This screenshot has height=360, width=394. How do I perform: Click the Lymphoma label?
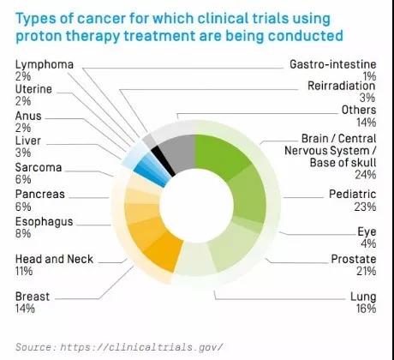pyautogui.click(x=45, y=64)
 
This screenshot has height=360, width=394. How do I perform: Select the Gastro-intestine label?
pyautogui.click(x=333, y=64)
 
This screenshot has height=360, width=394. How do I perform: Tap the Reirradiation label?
pyautogui.click(x=342, y=86)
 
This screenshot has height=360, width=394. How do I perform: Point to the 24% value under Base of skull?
pyautogui.click(x=366, y=175)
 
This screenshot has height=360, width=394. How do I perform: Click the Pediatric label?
pyautogui.click(x=353, y=195)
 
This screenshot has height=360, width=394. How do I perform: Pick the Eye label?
pyautogui.click(x=367, y=231)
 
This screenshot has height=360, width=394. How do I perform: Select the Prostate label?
pyautogui.click(x=354, y=259)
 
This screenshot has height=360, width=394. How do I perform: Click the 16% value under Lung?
pyautogui.click(x=366, y=309)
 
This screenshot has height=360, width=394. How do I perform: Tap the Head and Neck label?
pyautogui.click(x=54, y=259)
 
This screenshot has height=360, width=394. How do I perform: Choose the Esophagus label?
pyautogui.click(x=45, y=222)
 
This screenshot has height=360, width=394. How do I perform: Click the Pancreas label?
pyautogui.click(x=40, y=195)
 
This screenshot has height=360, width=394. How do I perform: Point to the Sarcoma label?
pyautogui.click(x=39, y=167)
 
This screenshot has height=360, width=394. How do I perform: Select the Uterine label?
pyautogui.click(x=33, y=89)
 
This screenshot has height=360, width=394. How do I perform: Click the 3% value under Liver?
pyautogui.click(x=23, y=153)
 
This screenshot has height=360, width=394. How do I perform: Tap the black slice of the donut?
pyautogui.click(x=163, y=161)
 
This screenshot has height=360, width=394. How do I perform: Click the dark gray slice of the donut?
pyautogui.click(x=178, y=153)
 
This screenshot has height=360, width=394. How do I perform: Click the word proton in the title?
pyautogui.click(x=39, y=36)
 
